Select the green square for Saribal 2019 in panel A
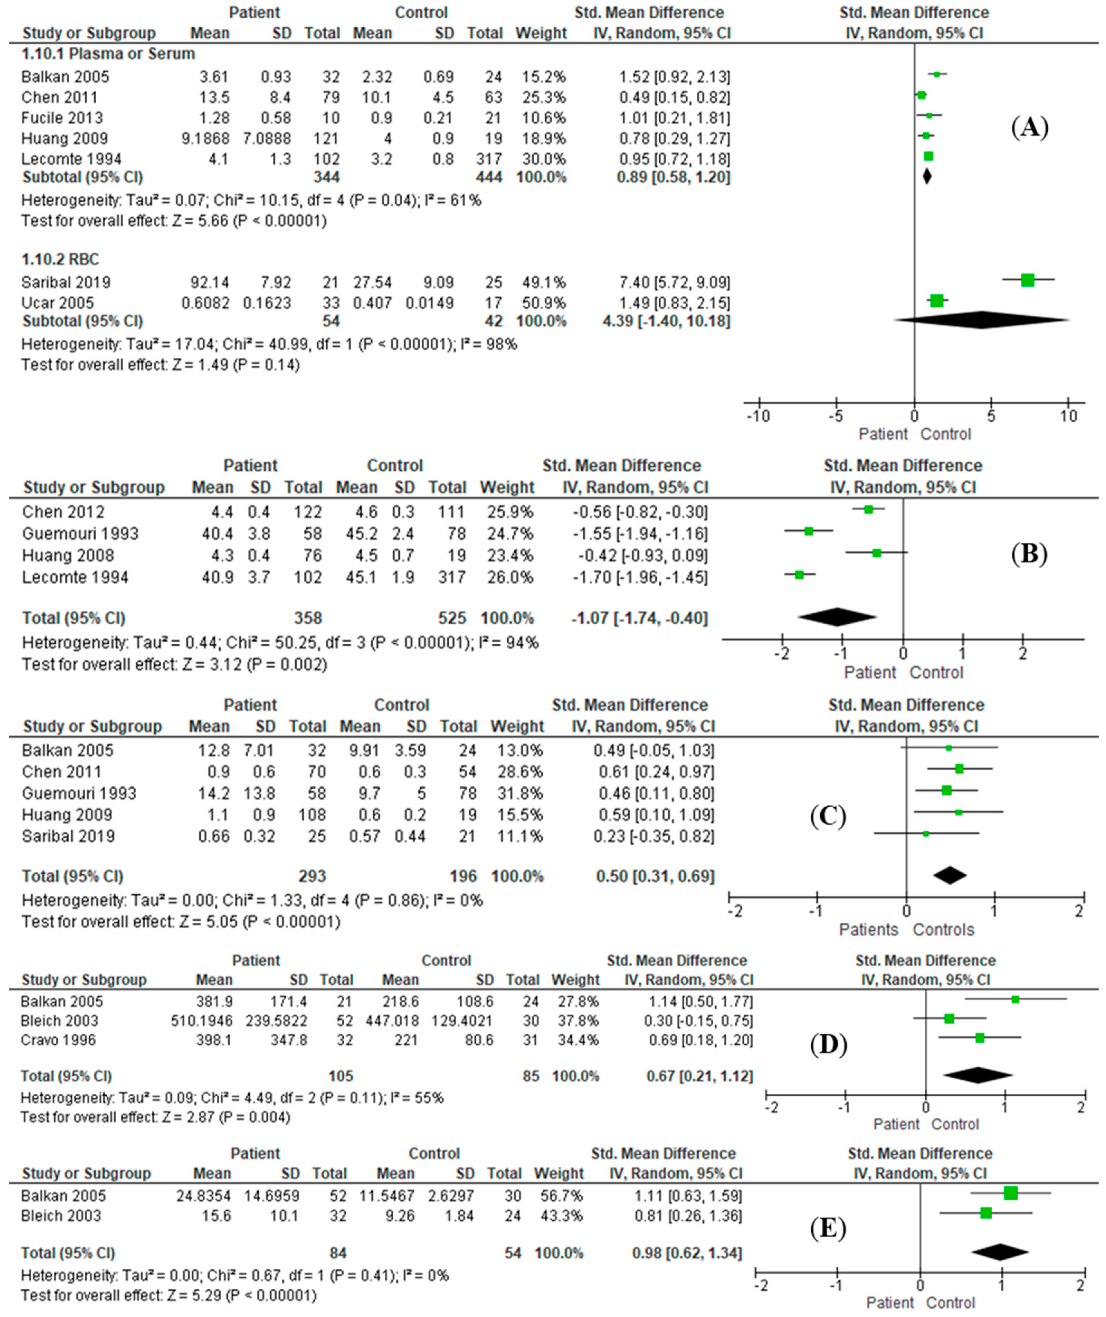click(x=1027, y=280)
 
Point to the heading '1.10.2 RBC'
click(x=60, y=259)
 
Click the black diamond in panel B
click(x=837, y=617)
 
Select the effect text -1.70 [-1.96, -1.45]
click(x=640, y=577)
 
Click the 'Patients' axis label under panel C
click(x=868, y=929)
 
